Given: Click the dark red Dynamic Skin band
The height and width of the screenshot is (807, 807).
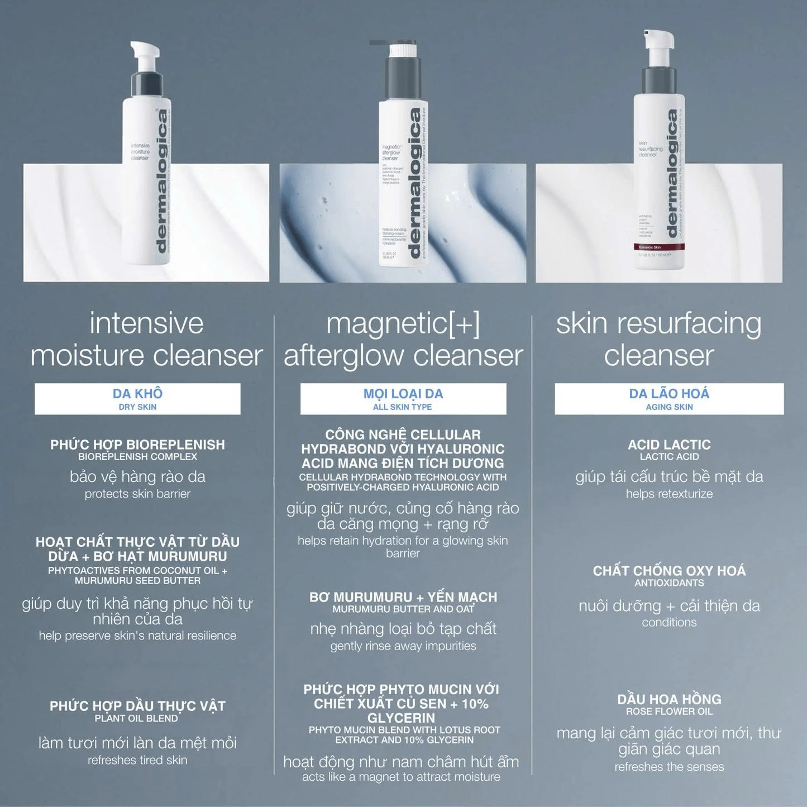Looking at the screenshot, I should (x=661, y=247).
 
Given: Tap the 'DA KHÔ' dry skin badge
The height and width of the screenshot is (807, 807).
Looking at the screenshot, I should (x=137, y=399).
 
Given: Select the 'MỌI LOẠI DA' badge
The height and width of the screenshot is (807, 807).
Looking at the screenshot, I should (x=403, y=399).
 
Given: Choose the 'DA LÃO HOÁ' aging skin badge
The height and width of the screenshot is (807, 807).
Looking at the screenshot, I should (x=669, y=399).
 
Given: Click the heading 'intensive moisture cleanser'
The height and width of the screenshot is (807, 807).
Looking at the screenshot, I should (x=146, y=339).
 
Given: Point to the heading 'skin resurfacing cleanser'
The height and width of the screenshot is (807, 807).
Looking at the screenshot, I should (x=658, y=339).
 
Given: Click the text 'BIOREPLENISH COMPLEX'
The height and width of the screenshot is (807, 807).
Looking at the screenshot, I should (x=137, y=457).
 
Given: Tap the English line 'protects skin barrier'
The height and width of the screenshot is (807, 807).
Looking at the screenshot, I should (x=137, y=494).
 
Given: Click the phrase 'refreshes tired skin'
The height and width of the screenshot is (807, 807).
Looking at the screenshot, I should (x=137, y=760).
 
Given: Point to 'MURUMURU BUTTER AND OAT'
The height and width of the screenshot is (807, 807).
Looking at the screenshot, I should (x=403, y=609).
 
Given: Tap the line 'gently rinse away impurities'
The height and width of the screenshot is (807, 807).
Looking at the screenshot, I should (x=403, y=646).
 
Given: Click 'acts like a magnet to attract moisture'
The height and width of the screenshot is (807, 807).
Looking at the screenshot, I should (x=401, y=777).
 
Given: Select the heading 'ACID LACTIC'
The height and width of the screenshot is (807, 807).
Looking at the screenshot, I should (x=669, y=445).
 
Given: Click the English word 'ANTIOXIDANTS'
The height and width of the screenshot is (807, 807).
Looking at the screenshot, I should (x=669, y=583).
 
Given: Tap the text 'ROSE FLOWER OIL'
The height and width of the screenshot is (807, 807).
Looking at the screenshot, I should (x=669, y=712).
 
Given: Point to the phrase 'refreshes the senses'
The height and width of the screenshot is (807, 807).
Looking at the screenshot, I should (x=669, y=767).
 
